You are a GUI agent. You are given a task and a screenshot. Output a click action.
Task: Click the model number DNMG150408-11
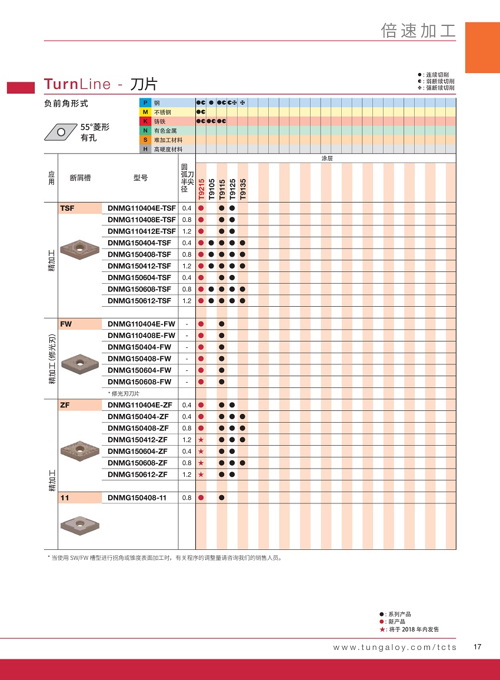[137, 497]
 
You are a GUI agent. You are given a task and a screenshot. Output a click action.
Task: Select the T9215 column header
[201, 189]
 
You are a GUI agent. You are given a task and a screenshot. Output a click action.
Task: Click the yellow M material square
[145, 112]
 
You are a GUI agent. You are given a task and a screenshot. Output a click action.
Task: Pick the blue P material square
[145, 102]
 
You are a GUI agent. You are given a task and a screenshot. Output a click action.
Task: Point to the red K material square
[145, 121]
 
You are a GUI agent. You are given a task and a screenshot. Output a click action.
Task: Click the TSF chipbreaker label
[67, 208]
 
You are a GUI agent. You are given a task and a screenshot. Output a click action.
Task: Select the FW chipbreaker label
[65, 324]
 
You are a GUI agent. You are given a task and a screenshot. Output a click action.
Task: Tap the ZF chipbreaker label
[65, 405]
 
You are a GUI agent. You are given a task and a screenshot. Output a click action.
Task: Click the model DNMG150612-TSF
[139, 301]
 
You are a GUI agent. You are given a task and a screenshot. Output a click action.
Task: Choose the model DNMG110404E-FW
[141, 324]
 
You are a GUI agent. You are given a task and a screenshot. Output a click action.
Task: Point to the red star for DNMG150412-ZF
[201, 440]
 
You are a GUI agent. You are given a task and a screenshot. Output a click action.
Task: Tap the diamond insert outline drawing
[61, 131]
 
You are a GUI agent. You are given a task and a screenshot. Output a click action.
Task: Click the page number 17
[478, 647]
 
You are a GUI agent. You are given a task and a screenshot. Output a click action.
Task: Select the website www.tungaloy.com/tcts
[395, 648]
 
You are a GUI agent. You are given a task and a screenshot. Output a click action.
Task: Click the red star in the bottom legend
[382, 629]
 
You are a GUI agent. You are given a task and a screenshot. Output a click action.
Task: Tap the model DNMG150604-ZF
[138, 452]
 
